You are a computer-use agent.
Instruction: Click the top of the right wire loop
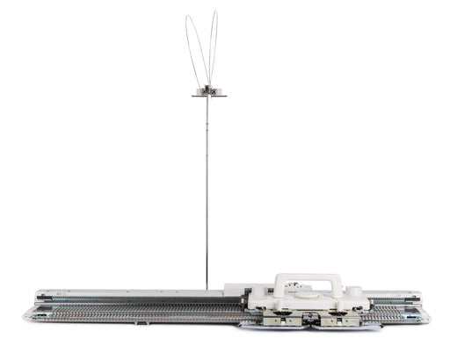coord(214,12)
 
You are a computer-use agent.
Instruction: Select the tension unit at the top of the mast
coord(208,90)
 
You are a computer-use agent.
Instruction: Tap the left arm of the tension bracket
coord(197,96)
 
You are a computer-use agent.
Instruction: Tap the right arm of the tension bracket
coord(221,96)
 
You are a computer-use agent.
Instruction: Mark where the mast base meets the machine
coord(207,287)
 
